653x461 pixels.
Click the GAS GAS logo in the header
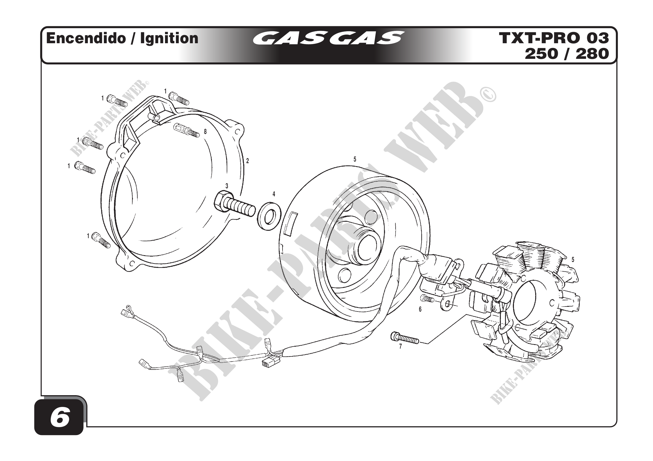tap(328, 38)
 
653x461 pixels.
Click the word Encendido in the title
tap(86, 38)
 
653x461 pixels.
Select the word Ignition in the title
tap(169, 38)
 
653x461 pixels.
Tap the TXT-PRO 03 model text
tap(554, 38)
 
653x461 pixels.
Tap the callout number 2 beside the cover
tap(247, 161)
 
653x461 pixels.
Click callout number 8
tap(205, 132)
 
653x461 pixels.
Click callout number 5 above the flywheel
tap(355, 160)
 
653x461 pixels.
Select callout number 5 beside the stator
tap(573, 260)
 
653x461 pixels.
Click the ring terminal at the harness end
tap(129, 307)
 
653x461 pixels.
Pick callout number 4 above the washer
tap(274, 194)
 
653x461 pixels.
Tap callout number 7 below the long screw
tap(400, 347)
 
